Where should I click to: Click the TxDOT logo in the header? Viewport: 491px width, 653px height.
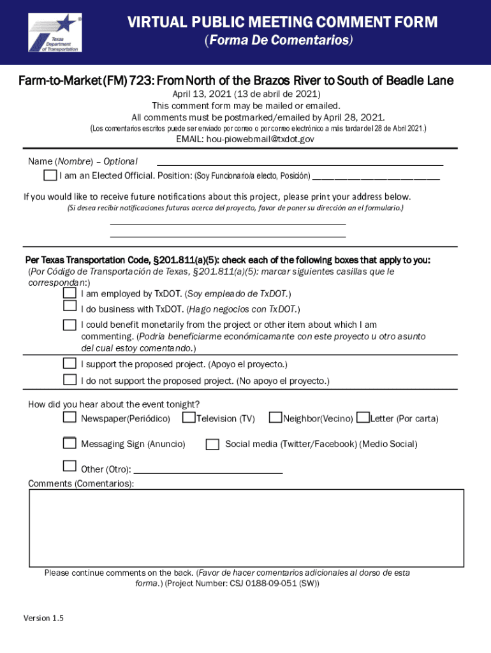click(x=54, y=33)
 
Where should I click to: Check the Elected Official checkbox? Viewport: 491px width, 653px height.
click(x=50, y=175)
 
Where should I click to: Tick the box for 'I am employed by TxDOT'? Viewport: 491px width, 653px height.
click(x=70, y=293)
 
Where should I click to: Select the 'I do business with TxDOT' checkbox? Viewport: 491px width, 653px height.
click(x=70, y=309)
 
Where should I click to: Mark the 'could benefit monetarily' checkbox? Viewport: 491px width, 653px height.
click(x=70, y=325)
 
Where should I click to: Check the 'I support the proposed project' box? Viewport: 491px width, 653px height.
click(x=70, y=363)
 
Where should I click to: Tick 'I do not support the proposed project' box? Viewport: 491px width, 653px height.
click(x=70, y=380)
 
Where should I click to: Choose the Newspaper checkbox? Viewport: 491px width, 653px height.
click(x=70, y=418)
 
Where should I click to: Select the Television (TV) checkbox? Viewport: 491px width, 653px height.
click(x=189, y=418)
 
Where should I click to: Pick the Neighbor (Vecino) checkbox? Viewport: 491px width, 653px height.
click(x=275, y=418)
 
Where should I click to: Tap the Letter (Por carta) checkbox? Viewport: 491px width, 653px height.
click(x=363, y=418)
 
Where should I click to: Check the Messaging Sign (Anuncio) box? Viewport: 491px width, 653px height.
click(x=70, y=443)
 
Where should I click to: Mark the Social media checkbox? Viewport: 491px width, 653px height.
click(x=213, y=444)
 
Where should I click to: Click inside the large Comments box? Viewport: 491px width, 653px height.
click(x=246, y=528)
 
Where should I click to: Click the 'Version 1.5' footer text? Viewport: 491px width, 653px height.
click(x=43, y=619)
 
